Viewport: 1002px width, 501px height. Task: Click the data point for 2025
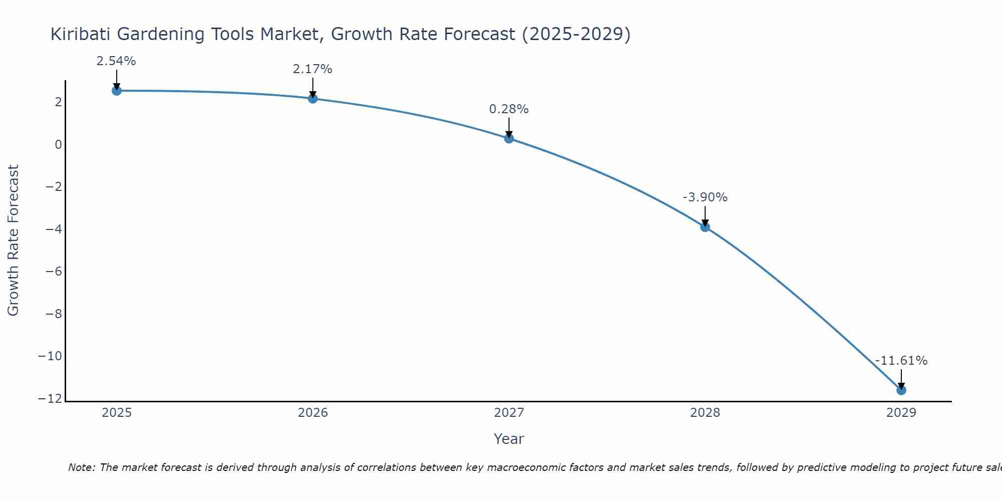click(x=117, y=91)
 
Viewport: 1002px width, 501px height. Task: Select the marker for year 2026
click(x=313, y=99)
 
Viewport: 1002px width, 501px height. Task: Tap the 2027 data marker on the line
click(x=509, y=138)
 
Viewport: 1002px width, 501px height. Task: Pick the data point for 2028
click(x=705, y=227)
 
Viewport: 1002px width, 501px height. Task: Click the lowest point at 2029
click(x=901, y=390)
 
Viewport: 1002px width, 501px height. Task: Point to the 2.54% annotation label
click(x=116, y=61)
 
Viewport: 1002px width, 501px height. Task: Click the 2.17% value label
click(x=313, y=69)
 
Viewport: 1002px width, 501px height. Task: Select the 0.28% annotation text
click(x=509, y=109)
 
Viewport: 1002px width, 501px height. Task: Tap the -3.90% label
click(x=705, y=197)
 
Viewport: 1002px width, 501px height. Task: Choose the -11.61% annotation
click(x=901, y=361)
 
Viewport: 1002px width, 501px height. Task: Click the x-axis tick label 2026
click(x=313, y=413)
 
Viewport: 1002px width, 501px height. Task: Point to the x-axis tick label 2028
click(x=705, y=413)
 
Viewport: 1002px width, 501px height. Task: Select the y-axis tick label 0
click(x=59, y=145)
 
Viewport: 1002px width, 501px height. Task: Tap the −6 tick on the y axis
click(x=54, y=272)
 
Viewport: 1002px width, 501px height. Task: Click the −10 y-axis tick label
click(x=50, y=356)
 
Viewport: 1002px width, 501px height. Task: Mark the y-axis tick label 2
click(x=59, y=102)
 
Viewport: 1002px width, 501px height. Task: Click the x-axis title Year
click(x=509, y=439)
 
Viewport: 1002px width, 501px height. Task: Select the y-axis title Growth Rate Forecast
click(x=13, y=240)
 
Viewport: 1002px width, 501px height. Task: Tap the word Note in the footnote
click(x=81, y=467)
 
